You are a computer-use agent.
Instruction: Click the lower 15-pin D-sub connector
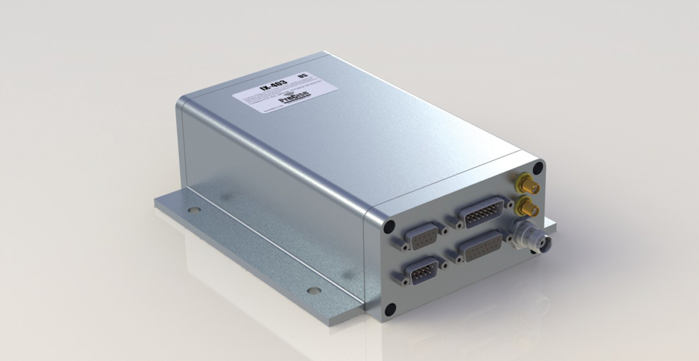coord(479,247)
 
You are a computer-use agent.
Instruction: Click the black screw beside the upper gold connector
coord(538,168)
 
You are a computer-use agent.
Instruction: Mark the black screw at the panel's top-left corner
coord(390,225)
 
